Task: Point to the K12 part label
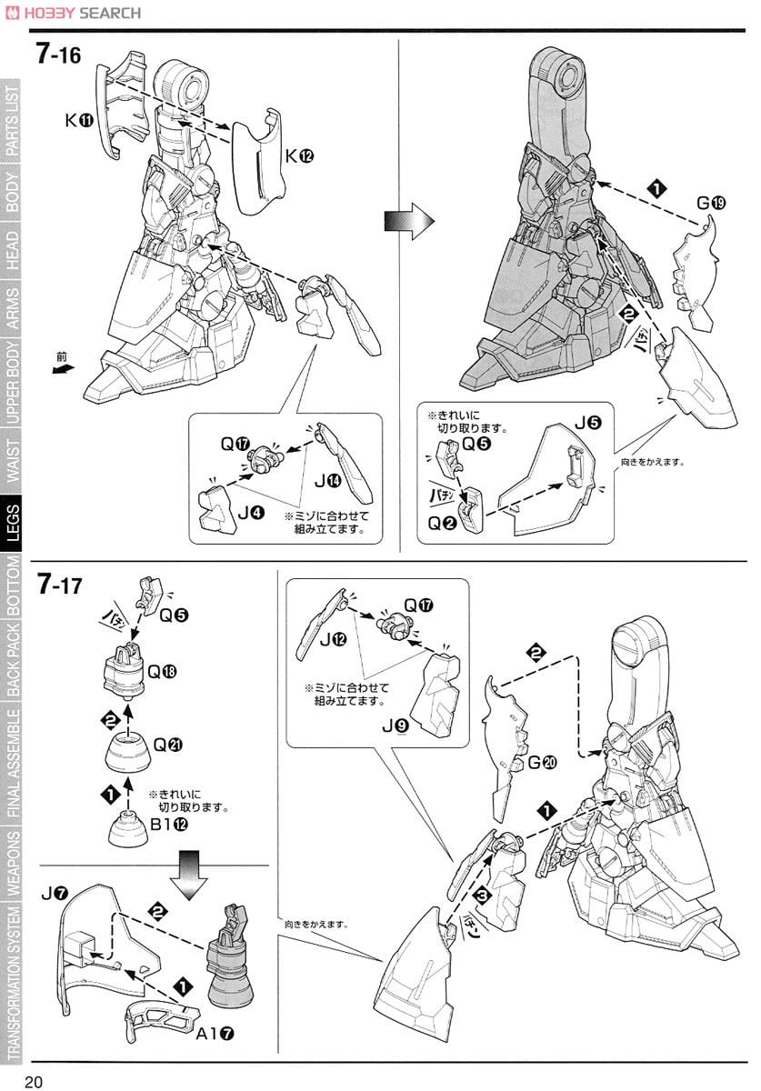click(x=299, y=155)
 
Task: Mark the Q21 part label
click(x=167, y=744)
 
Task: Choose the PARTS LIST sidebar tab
click(x=13, y=123)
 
